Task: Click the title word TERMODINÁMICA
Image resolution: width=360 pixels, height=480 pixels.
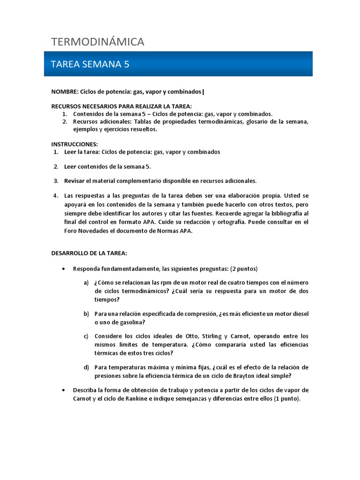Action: click(x=97, y=42)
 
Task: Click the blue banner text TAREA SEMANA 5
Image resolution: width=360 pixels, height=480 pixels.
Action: click(x=90, y=64)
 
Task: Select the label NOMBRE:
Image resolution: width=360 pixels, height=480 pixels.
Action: click(x=65, y=91)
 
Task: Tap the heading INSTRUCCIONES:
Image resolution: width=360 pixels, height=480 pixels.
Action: click(x=75, y=144)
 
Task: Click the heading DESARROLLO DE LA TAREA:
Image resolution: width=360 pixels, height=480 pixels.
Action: click(x=89, y=253)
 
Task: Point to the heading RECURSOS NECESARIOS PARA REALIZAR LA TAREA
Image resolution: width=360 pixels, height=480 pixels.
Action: click(x=121, y=106)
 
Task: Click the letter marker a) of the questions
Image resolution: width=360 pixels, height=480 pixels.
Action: click(x=86, y=283)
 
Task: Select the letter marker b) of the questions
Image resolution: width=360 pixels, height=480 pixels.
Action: click(x=86, y=314)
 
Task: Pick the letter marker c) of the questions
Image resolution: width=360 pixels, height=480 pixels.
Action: click(x=86, y=337)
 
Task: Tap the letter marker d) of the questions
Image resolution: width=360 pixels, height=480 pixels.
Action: click(x=86, y=367)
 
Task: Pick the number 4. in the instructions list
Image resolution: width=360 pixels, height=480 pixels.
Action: click(x=55, y=195)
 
